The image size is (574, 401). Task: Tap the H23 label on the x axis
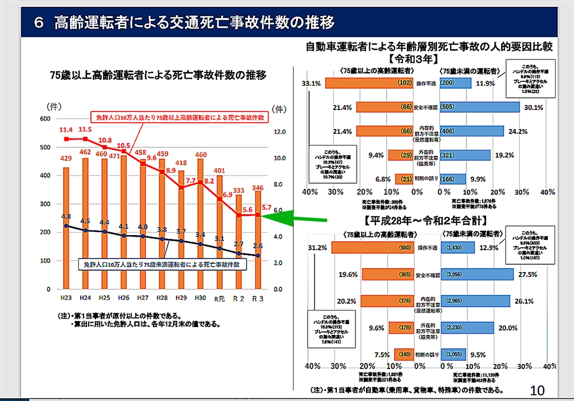tap(66, 297)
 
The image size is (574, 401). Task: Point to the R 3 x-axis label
tap(257, 297)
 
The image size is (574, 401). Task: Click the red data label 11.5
tap(85, 130)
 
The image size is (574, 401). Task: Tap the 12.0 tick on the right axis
tap(279, 132)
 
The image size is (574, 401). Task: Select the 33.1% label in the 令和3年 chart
tap(311, 84)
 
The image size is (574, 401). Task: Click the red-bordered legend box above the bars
tap(179, 118)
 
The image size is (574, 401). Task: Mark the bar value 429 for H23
tap(66, 159)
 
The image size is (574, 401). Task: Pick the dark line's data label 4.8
tap(66, 216)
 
